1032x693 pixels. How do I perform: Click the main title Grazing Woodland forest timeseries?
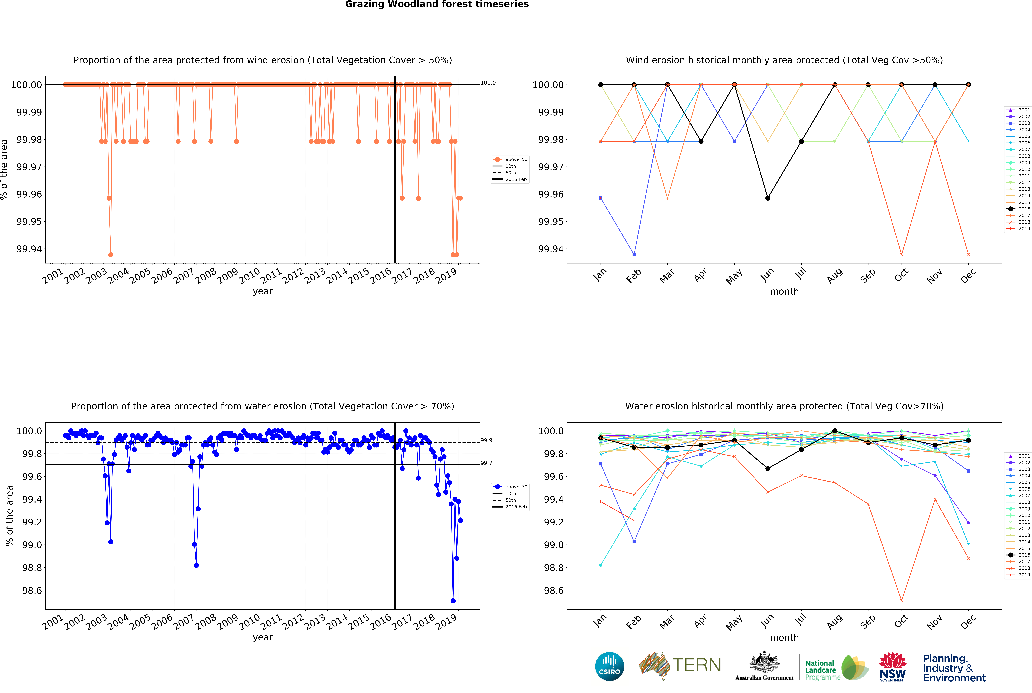coord(437,4)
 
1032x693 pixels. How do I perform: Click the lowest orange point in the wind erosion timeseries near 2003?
coord(111,255)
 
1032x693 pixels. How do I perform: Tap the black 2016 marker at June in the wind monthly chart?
coord(768,198)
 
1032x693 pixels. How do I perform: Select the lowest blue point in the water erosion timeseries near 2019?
coord(453,601)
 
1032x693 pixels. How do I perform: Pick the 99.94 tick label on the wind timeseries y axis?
coord(29,249)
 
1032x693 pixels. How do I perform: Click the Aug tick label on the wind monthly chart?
coord(834,276)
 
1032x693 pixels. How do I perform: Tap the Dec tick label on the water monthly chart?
coord(968,622)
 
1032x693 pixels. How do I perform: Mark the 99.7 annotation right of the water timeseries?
coord(486,463)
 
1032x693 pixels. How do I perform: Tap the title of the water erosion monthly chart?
coord(784,406)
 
